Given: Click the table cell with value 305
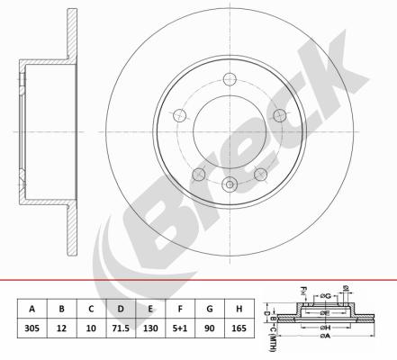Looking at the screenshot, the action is pos(32,328).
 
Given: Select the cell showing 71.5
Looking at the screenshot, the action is pos(121,328).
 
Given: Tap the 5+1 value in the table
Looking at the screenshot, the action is pos(180,328).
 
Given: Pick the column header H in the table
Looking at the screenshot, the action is pos(239,309).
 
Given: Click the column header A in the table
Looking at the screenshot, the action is pos(32,309).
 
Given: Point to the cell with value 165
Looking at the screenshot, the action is pos(239,328).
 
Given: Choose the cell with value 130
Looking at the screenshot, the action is pos(150,328).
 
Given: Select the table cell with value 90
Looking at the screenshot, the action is pos(210,328).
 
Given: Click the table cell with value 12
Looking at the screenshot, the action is pos(61,328).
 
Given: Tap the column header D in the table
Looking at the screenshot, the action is pos(121,309).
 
